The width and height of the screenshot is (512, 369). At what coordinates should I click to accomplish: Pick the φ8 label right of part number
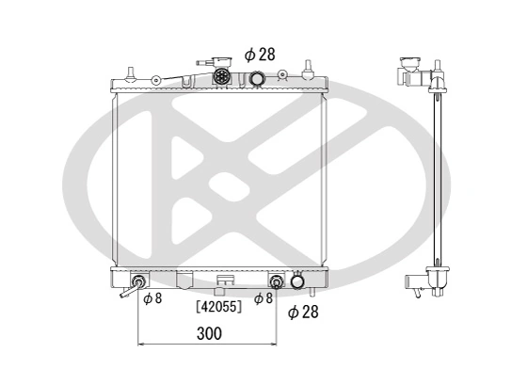point(264,298)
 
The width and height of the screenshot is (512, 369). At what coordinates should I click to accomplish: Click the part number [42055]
point(218,306)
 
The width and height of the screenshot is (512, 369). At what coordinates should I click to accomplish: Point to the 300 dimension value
point(210,333)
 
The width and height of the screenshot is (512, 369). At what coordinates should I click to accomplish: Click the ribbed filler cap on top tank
point(223,77)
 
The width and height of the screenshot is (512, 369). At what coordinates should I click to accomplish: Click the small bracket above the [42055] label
point(224,280)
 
